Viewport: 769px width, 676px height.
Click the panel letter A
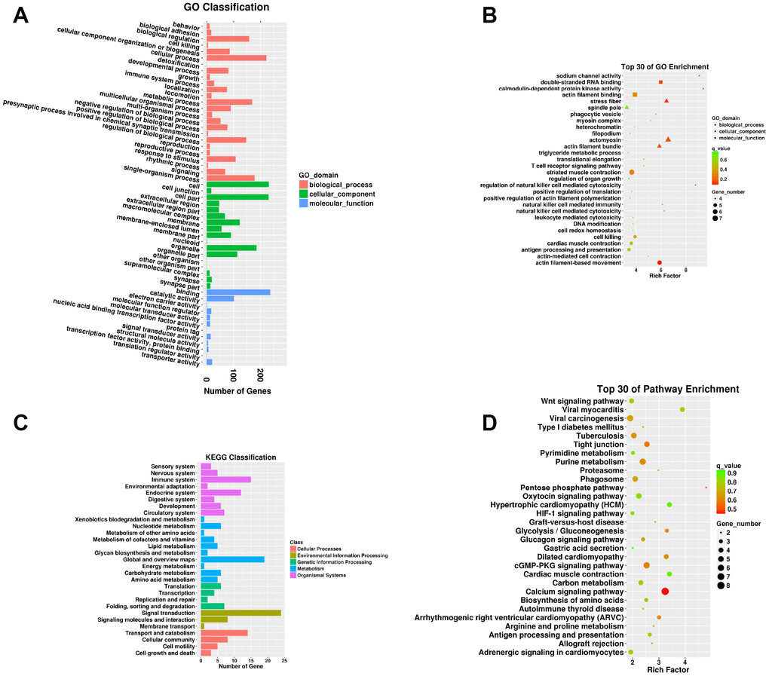pos(22,19)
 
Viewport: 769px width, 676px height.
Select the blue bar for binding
pos(238,292)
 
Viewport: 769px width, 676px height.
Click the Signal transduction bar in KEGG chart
pos(241,613)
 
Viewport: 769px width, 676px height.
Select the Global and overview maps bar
pos(232,559)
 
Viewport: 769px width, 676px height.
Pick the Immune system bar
pos(225,479)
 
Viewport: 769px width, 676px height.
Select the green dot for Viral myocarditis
pos(682,409)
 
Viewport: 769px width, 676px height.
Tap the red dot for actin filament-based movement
pos(660,262)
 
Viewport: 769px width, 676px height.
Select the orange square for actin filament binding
pos(635,95)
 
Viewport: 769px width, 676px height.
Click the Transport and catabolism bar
pos(224,632)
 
